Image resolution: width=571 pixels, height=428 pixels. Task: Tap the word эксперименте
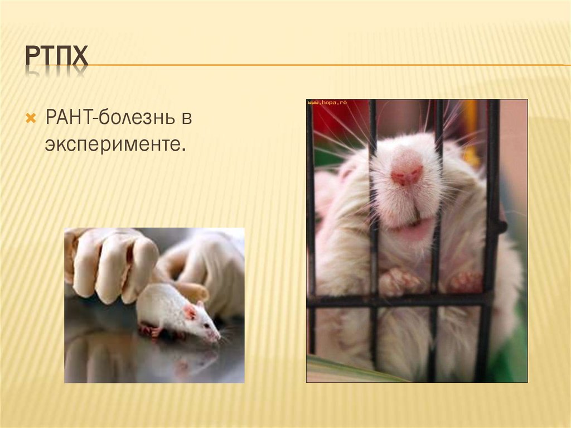point(114,144)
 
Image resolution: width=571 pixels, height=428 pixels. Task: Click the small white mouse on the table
point(173,312)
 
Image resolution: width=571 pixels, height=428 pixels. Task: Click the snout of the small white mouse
point(215,335)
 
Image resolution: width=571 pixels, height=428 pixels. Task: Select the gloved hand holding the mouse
point(112,262)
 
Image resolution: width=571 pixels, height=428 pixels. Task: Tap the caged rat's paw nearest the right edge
point(466,281)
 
